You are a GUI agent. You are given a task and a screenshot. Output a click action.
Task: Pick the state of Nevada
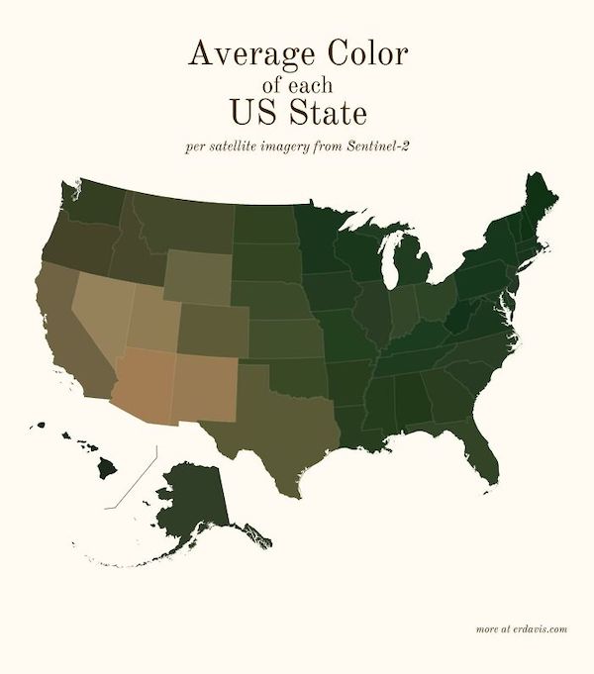[99, 312]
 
